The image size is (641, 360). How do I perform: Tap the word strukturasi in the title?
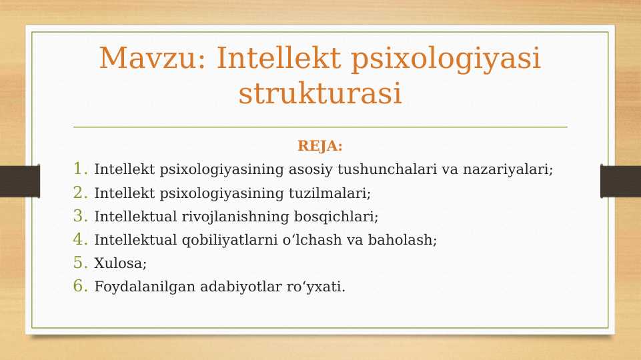[320, 93]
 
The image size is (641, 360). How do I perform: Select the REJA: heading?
[320, 146]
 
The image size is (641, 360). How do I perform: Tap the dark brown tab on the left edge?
[19, 181]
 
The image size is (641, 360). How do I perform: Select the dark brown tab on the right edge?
[620, 181]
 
